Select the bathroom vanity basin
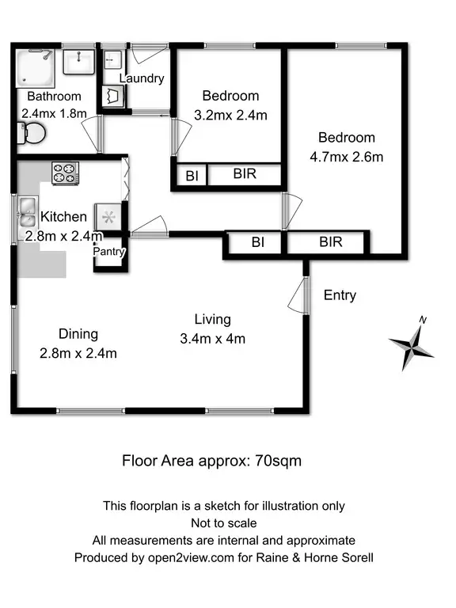(x=78, y=61)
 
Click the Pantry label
(x=109, y=252)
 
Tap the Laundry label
(x=142, y=78)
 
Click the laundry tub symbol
(x=111, y=96)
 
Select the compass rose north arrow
(x=412, y=344)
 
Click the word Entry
(x=340, y=295)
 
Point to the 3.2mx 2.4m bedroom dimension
(x=230, y=115)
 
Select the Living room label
(x=212, y=319)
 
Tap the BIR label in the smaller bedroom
(x=245, y=174)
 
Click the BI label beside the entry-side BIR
(x=257, y=242)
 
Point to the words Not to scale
(x=223, y=522)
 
